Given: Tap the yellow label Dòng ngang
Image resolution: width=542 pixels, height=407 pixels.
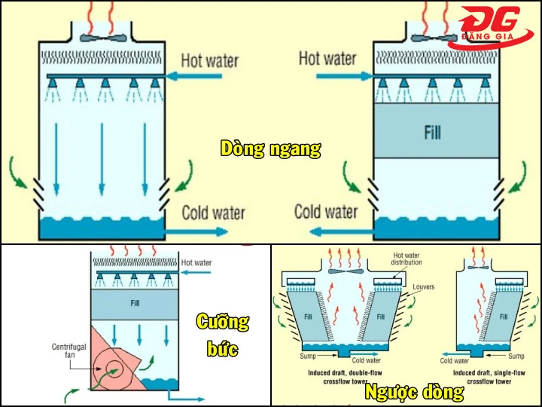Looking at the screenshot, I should click(x=270, y=148).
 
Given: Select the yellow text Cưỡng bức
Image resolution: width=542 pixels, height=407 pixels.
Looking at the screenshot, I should click(x=222, y=335).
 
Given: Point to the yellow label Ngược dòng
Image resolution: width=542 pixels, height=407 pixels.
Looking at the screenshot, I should click(x=413, y=392).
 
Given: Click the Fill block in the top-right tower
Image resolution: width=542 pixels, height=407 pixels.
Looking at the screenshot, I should click(x=431, y=131).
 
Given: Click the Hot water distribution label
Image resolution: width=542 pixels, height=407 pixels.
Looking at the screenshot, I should click(x=406, y=258).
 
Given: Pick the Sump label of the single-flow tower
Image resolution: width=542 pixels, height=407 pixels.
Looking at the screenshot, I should click(x=516, y=356).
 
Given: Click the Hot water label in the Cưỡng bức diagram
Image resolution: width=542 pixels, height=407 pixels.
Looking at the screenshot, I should click(x=196, y=262).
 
